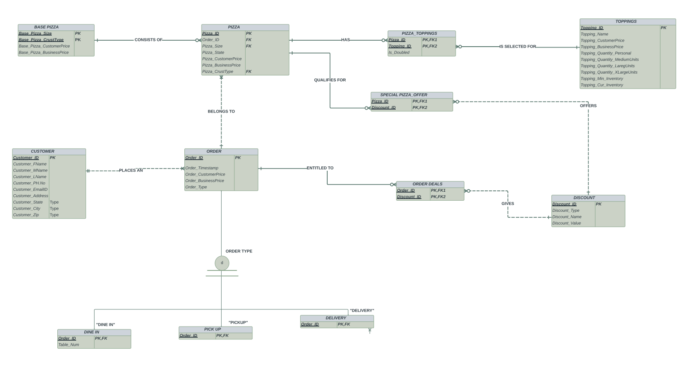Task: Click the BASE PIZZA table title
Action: coord(46,27)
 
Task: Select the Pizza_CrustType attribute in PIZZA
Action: coord(218,71)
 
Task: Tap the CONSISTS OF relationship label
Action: coord(148,40)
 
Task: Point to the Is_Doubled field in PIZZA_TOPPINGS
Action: coord(399,53)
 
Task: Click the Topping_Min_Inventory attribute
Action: coord(601,79)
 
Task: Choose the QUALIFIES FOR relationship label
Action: coord(330,80)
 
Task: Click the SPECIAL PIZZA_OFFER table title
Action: coord(403,95)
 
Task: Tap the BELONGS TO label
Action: coord(221,111)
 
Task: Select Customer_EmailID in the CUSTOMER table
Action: coord(30,190)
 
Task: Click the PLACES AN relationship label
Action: coord(131,170)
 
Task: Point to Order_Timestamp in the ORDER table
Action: coord(201,168)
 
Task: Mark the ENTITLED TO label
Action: coord(320,168)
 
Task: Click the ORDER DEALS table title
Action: coord(427,184)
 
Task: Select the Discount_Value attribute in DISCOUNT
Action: coord(566,223)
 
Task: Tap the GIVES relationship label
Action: coord(508,204)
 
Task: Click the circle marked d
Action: coord(222,263)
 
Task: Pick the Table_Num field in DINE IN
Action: coord(68,345)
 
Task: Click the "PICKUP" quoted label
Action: coord(238,323)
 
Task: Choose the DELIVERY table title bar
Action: coord(336,318)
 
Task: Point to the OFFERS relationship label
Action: coord(588,106)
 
